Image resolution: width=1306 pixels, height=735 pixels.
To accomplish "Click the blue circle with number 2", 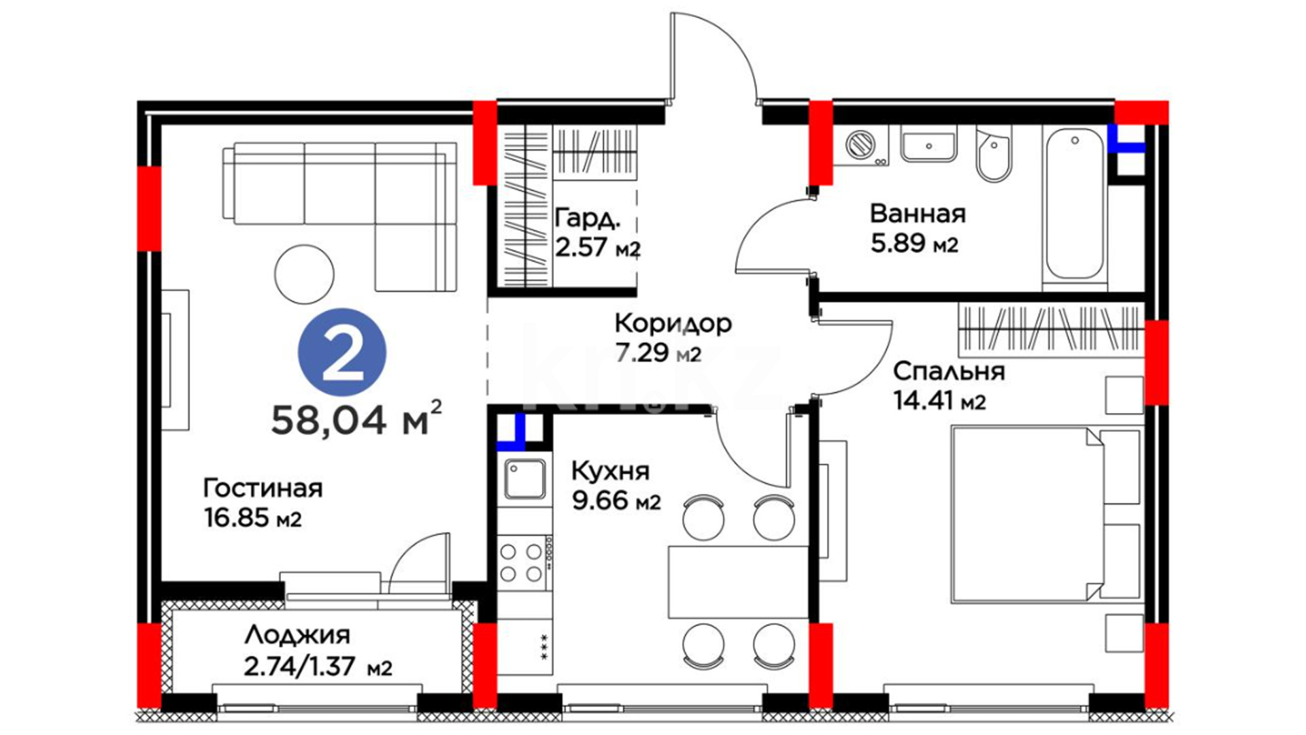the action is coord(342,352).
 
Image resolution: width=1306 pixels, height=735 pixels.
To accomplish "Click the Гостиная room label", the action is coord(263,488).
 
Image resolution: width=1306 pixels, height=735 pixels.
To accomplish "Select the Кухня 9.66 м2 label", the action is coord(616,485).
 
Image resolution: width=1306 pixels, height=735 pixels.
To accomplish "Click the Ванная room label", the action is coord(918,214).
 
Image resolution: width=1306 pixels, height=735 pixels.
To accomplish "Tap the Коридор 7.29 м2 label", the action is coord(673,337).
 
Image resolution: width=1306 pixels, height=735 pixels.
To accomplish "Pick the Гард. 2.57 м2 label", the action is coord(597,232).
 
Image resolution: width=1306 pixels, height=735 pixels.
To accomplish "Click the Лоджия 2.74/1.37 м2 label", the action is coord(318,651).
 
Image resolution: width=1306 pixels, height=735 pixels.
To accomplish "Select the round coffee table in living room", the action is coord(304,274).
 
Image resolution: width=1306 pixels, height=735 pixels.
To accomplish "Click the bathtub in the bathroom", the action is coord(1075,204).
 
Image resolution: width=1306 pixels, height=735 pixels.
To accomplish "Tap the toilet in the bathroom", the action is coord(994,154).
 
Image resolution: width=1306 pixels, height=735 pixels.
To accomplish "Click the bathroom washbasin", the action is coord(928,144).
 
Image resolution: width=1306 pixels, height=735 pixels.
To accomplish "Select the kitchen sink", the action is coord(524,479).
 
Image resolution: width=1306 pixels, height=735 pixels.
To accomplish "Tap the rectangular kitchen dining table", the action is coord(739,582).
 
